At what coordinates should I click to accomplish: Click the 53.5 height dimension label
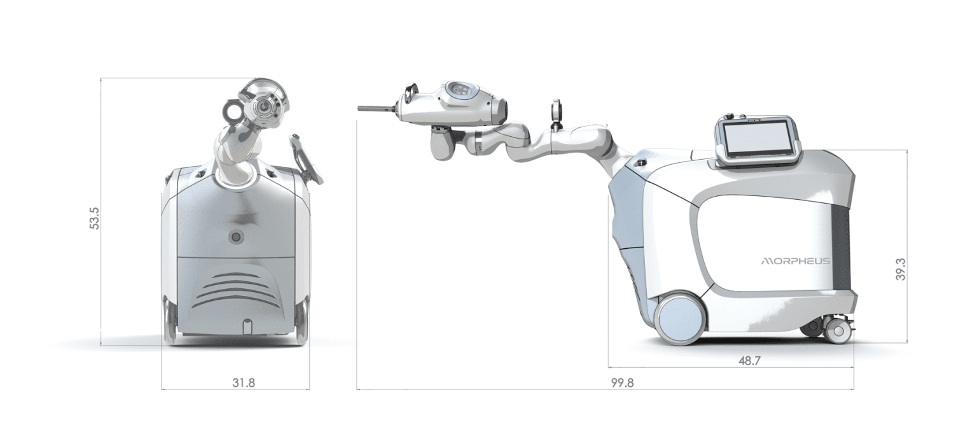pyautogui.click(x=95, y=218)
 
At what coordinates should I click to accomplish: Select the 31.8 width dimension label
pyautogui.click(x=244, y=383)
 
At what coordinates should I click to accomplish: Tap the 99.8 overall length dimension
pyautogui.click(x=622, y=383)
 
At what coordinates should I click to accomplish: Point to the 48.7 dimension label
pyautogui.click(x=749, y=361)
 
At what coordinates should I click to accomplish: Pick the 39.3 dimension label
pyautogui.click(x=900, y=269)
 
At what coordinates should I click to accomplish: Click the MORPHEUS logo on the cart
pyautogui.click(x=796, y=262)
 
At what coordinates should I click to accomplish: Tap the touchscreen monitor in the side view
pyautogui.click(x=758, y=141)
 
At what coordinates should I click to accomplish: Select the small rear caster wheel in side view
pyautogui.click(x=837, y=331)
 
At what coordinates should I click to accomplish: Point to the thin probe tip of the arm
pyautogui.click(x=377, y=108)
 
